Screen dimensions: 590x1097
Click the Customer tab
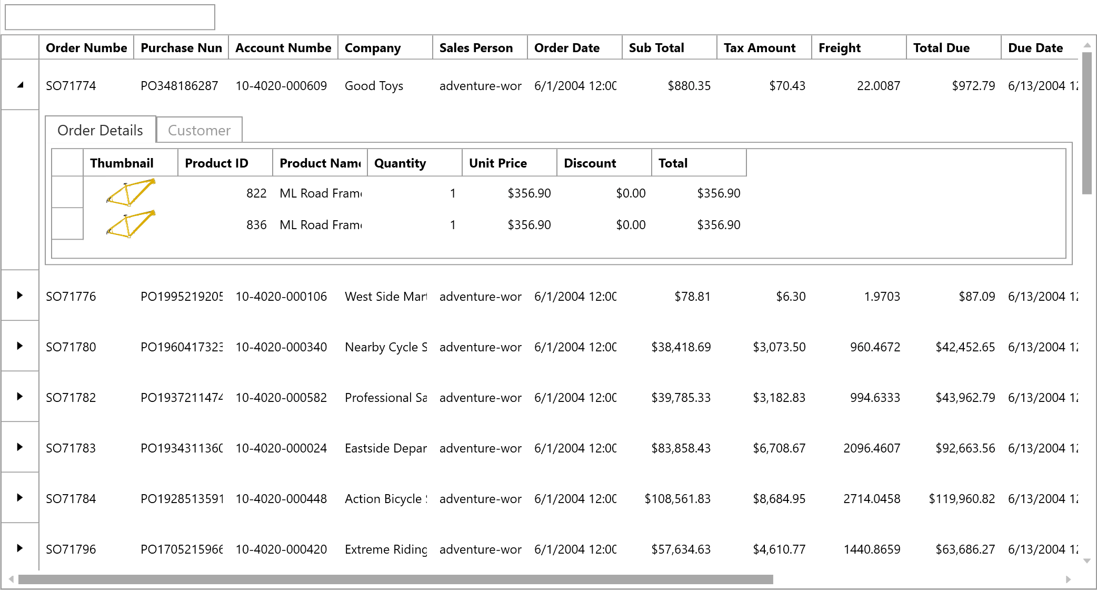coord(199,130)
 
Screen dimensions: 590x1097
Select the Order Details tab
coord(100,130)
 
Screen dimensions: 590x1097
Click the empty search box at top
coord(109,17)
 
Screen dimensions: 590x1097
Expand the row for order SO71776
coord(20,295)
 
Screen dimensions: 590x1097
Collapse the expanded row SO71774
coord(20,85)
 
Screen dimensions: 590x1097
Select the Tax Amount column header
coord(759,48)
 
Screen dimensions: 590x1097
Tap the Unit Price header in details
coord(497,163)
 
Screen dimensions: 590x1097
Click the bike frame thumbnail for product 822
coord(131,193)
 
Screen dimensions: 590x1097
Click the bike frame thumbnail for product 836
coord(131,224)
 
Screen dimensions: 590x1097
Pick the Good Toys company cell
coord(374,86)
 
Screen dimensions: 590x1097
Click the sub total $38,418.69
coord(681,347)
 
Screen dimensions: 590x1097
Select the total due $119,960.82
coord(962,499)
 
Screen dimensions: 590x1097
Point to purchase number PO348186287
coord(179,86)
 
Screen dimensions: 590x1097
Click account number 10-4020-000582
coord(281,398)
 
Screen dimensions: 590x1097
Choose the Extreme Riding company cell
coord(385,549)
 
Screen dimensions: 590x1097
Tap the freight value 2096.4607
coord(871,448)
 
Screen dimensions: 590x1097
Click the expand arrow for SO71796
coord(20,548)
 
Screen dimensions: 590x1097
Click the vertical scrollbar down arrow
coord(1086,561)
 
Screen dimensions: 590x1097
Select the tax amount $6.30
coord(790,297)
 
